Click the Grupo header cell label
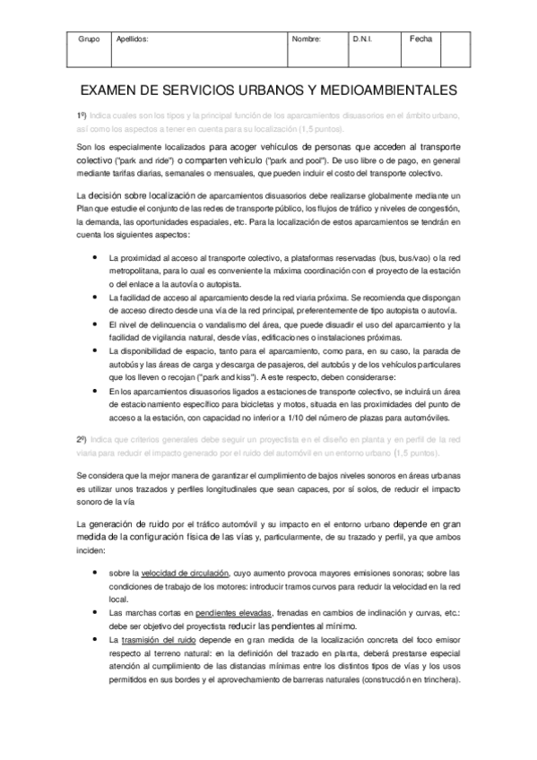point(89,40)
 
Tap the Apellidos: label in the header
point(133,40)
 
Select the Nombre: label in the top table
point(307,40)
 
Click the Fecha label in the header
point(420,39)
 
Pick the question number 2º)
point(82,414)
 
